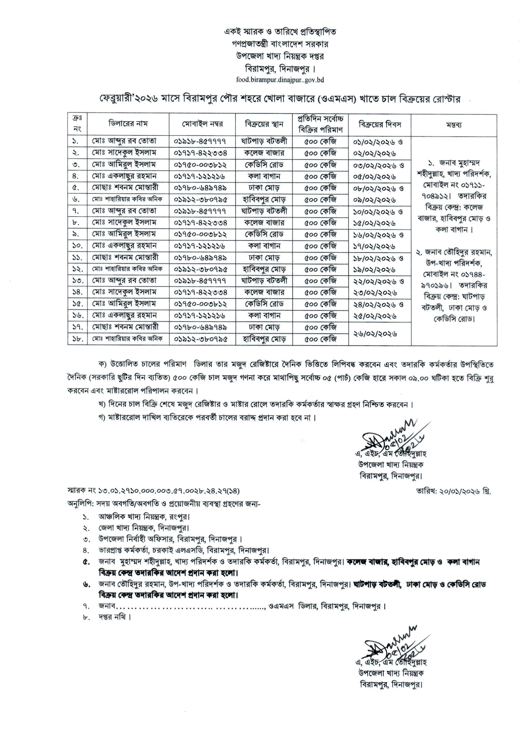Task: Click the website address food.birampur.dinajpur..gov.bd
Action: pyautogui.click(x=280, y=80)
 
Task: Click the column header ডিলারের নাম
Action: pyautogui.click(x=128, y=124)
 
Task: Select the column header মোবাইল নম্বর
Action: pyautogui.click(x=202, y=124)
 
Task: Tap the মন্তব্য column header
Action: pyautogui.click(x=454, y=125)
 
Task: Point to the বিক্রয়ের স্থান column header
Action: pyautogui.click(x=264, y=124)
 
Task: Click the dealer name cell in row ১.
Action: pyautogui.click(x=128, y=141)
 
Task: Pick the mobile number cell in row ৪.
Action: pyautogui.click(x=202, y=176)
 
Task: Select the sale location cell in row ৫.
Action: pyautogui.click(x=264, y=188)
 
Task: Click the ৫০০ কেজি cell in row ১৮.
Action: pyautogui.click(x=320, y=339)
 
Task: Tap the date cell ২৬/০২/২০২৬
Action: pyautogui.click(x=375, y=334)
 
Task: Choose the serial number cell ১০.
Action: pyautogui.click(x=77, y=246)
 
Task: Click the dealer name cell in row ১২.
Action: pyautogui.click(x=128, y=269)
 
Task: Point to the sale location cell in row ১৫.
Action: pyautogui.click(x=264, y=304)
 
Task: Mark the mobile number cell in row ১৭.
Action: pyautogui.click(x=202, y=327)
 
